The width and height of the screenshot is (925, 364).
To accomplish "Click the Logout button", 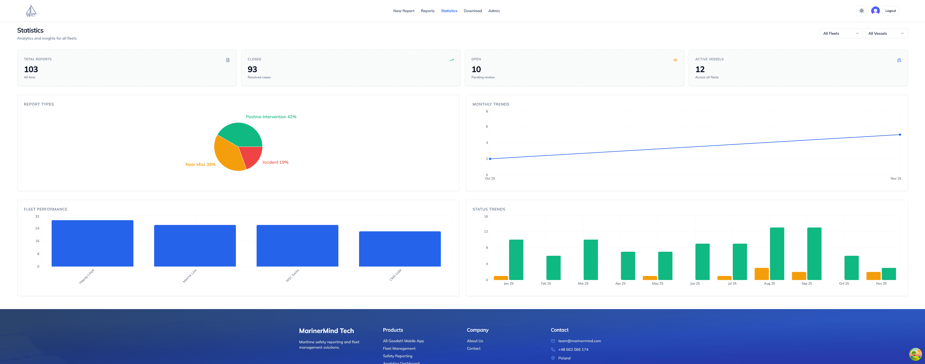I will (890, 11).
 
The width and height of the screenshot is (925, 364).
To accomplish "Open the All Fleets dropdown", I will (841, 33).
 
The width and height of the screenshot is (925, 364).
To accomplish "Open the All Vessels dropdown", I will (886, 33).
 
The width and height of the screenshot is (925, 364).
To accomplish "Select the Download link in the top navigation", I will (473, 11).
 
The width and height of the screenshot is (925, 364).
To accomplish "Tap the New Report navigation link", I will (404, 11).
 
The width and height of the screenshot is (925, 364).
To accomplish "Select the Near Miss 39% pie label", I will (200, 164).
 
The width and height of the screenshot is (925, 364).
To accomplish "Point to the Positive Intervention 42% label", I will (271, 117).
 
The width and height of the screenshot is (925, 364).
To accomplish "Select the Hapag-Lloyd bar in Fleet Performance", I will (92, 243).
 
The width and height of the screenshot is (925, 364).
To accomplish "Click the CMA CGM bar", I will (400, 249).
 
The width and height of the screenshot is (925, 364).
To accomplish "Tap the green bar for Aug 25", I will (777, 254).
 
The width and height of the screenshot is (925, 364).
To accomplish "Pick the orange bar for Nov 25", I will (873, 276).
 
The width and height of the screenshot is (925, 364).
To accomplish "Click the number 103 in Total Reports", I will (31, 69).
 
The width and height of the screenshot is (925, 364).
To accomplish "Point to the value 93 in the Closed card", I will (252, 69).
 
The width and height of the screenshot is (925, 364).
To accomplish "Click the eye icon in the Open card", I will (675, 60).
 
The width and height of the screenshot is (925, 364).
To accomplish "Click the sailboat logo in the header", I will (31, 11).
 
